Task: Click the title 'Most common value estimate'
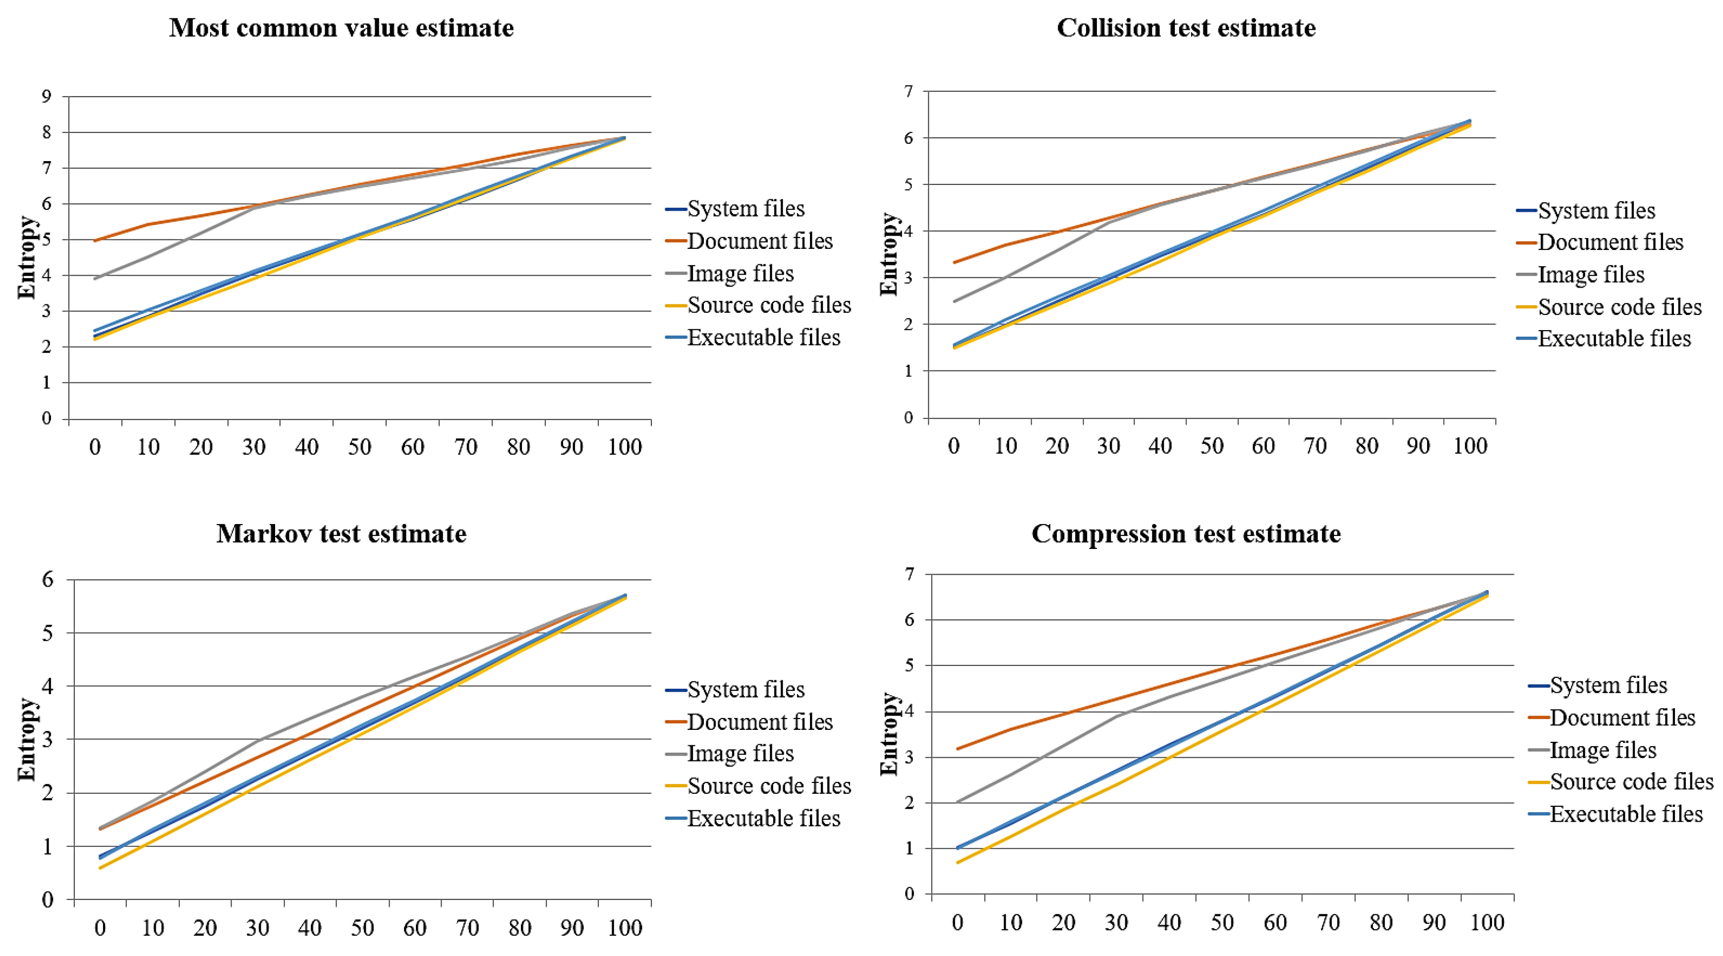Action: pyautogui.click(x=341, y=28)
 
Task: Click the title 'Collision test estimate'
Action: pyautogui.click(x=1186, y=28)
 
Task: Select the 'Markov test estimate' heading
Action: pyautogui.click(x=341, y=534)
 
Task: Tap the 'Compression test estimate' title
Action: pyautogui.click(x=1186, y=534)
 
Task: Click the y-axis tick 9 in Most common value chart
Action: pyautogui.click(x=46, y=96)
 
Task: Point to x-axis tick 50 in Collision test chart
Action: pyautogui.click(x=1211, y=446)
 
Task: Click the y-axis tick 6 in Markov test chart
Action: pyautogui.click(x=48, y=579)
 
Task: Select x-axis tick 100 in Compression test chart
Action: pyautogui.click(x=1487, y=923)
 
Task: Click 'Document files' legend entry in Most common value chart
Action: pyautogui.click(x=760, y=241)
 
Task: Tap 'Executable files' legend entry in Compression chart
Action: pyautogui.click(x=1626, y=814)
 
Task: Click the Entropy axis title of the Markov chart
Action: pyautogui.click(x=27, y=739)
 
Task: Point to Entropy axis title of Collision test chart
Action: pyautogui.click(x=889, y=254)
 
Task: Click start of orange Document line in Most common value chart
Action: pyautogui.click(x=95, y=240)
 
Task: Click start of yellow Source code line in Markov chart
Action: pyautogui.click(x=100, y=868)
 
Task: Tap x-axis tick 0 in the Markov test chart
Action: pyautogui.click(x=100, y=928)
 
